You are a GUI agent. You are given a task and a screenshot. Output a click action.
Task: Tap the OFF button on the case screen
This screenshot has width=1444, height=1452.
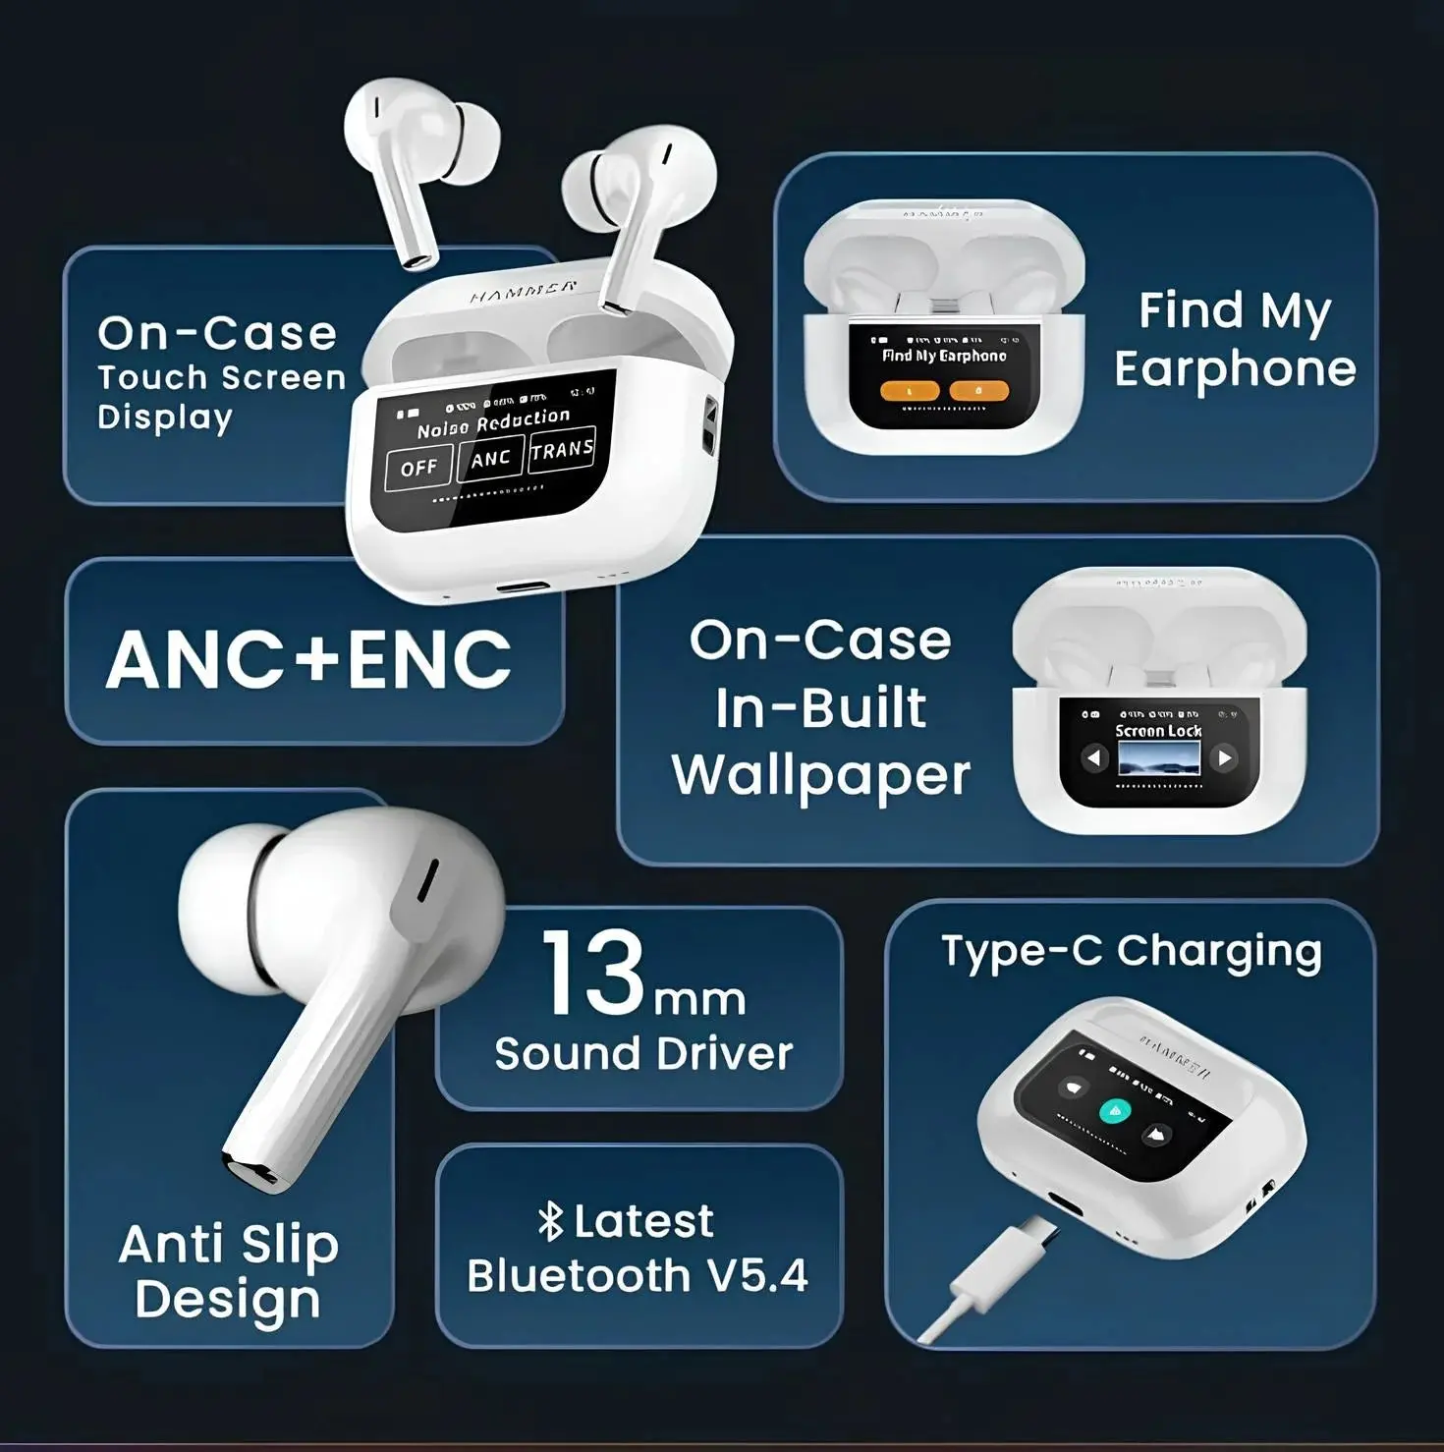[418, 468]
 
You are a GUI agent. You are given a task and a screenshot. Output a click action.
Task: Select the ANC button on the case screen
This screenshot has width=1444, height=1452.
[490, 459]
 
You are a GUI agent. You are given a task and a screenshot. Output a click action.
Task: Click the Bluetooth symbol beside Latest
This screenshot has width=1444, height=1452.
[550, 1221]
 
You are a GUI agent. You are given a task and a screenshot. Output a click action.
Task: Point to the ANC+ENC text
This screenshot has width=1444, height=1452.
[309, 659]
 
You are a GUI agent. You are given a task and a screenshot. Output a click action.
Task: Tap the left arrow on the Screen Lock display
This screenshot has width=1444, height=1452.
[1093, 757]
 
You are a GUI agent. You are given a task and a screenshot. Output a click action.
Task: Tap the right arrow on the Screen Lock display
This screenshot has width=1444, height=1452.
[1224, 757]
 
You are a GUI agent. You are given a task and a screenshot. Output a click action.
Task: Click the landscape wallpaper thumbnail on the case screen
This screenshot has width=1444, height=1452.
[1159, 758]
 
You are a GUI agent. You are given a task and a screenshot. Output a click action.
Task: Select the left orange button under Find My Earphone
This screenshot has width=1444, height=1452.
[910, 391]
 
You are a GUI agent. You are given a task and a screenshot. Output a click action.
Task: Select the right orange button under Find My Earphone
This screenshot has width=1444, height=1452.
[978, 391]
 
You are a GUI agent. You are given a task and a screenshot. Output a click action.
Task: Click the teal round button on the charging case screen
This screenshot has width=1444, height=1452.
[1114, 1110]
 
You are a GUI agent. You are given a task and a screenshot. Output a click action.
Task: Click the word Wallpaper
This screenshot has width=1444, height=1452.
[821, 776]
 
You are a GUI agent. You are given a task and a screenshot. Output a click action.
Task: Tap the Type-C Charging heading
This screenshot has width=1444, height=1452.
[1131, 951]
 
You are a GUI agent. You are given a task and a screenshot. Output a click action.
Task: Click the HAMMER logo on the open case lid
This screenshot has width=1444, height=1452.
[523, 291]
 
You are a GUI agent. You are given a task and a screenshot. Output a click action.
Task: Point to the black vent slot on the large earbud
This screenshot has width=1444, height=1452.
[428, 880]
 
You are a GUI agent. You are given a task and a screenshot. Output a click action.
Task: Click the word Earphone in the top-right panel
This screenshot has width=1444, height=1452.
[1235, 369]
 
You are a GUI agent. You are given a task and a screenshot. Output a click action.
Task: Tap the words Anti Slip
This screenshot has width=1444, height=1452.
[229, 1244]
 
